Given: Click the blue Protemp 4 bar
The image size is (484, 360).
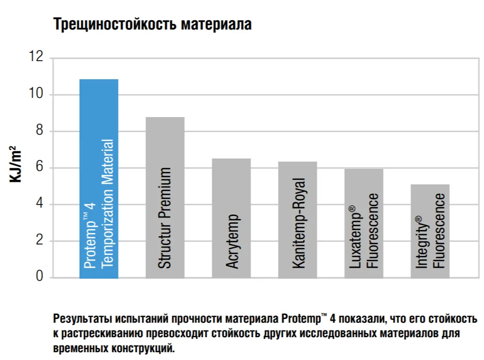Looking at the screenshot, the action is (x=99, y=179).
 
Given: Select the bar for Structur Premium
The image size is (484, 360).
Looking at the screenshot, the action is (x=165, y=197).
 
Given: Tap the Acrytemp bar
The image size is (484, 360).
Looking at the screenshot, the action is (x=231, y=218).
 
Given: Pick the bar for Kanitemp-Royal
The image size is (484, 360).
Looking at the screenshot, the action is (x=298, y=220).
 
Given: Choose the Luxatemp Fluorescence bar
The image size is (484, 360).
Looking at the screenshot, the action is (x=364, y=224).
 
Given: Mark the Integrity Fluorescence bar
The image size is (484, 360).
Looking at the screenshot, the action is (x=430, y=231).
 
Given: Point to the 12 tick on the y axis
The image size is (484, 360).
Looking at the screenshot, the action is (x=36, y=56).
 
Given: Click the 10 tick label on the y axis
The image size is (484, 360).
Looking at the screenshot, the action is (x=36, y=93).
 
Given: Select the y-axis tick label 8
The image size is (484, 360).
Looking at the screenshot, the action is (x=39, y=130).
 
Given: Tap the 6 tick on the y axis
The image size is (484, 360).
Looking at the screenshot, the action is (x=39, y=167).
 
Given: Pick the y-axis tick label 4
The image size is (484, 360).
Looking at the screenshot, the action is (x=39, y=204).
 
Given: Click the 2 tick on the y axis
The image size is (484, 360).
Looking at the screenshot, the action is (x=39, y=240).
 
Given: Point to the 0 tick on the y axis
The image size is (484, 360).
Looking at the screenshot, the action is (x=39, y=276).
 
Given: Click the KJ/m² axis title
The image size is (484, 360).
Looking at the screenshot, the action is (x=16, y=164).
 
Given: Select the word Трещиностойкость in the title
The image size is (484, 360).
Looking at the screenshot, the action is (x=115, y=24).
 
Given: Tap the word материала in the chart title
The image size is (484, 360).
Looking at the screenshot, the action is (x=216, y=24).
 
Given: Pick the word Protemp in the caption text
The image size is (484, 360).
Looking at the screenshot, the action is (x=301, y=319).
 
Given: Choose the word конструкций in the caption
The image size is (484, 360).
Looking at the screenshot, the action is (x=143, y=349).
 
